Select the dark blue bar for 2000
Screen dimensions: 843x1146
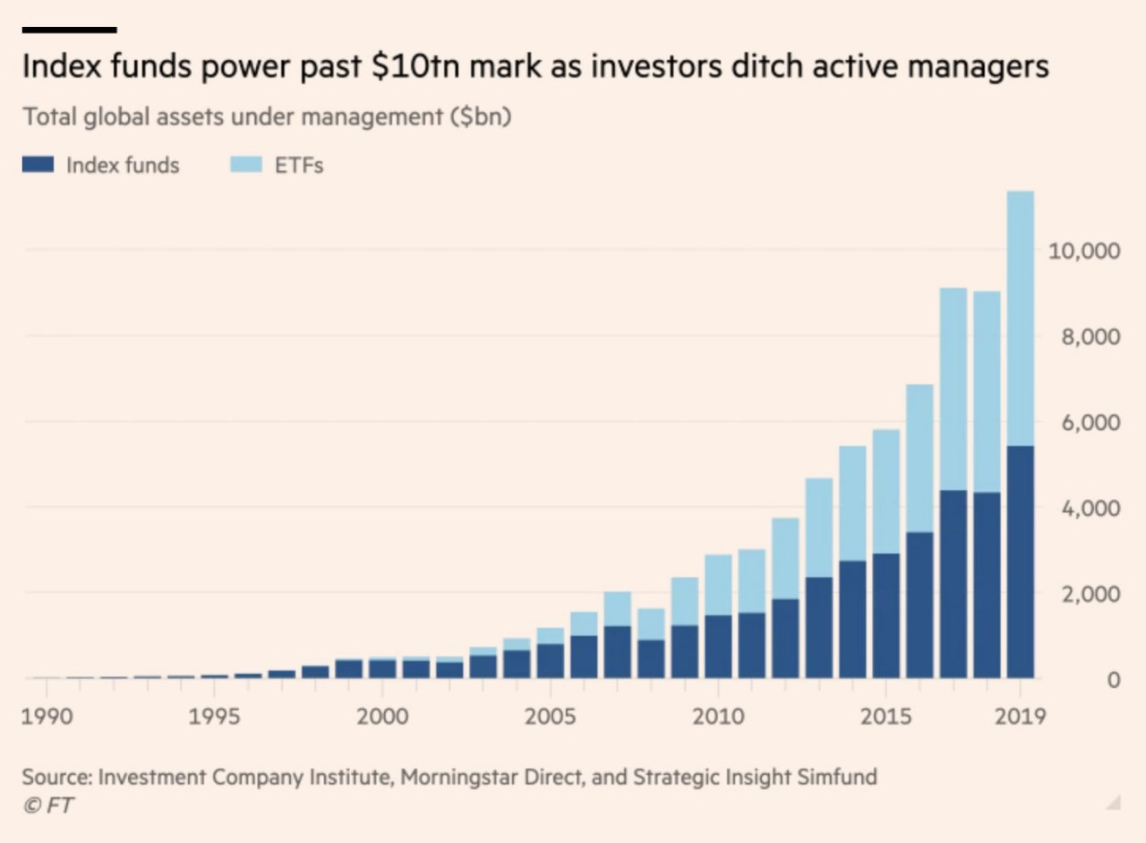pyautogui.click(x=382, y=668)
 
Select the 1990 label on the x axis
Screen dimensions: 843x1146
pyautogui.click(x=46, y=718)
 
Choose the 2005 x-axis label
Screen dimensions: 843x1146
pyautogui.click(x=550, y=718)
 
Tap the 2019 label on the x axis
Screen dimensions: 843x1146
pyautogui.click(x=1020, y=718)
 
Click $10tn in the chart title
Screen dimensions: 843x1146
pyautogui.click(x=407, y=67)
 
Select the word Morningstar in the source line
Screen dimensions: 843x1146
pyautogui.click(x=458, y=776)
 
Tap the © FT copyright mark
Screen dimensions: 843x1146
pyautogui.click(x=48, y=805)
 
